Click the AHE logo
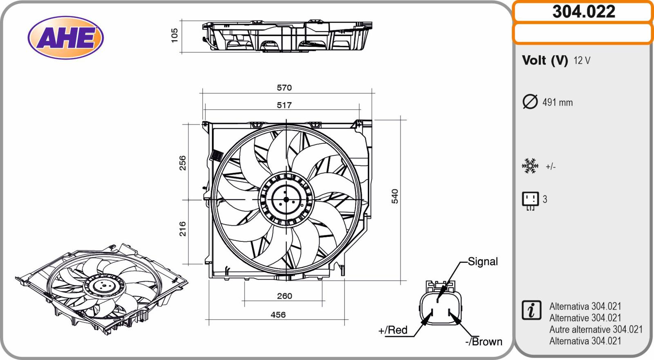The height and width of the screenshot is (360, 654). pyautogui.click(x=66, y=38)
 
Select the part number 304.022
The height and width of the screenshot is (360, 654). pyautogui.click(x=584, y=12)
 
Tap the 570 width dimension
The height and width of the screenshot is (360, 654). pyautogui.click(x=284, y=87)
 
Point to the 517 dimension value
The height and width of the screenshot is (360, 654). pyautogui.click(x=284, y=105)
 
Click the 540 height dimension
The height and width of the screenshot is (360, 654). pyautogui.click(x=395, y=196)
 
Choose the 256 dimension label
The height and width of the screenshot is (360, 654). pyautogui.click(x=182, y=163)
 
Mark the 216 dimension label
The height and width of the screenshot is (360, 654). pyautogui.click(x=182, y=229)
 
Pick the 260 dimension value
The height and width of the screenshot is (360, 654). pyautogui.click(x=284, y=296)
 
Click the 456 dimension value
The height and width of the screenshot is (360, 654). pyautogui.click(x=278, y=315)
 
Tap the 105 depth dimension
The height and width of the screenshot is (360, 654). pyautogui.click(x=174, y=35)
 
